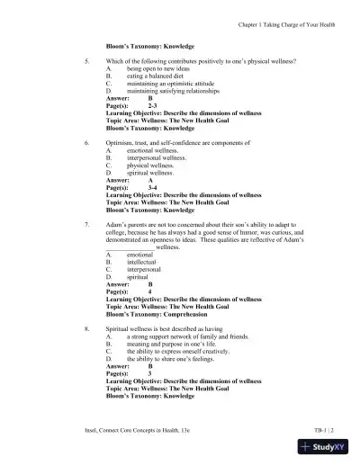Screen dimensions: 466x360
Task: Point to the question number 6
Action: [85, 143]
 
